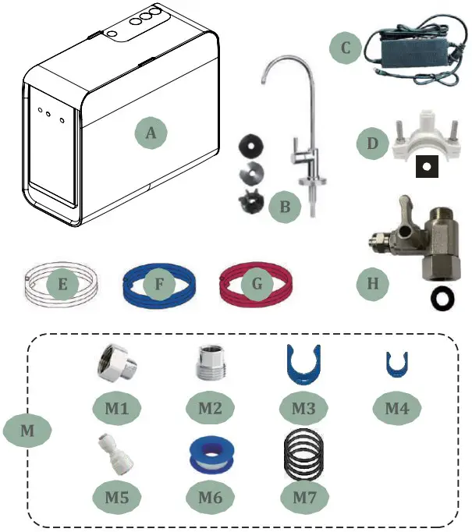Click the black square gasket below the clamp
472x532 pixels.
click(426, 165)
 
